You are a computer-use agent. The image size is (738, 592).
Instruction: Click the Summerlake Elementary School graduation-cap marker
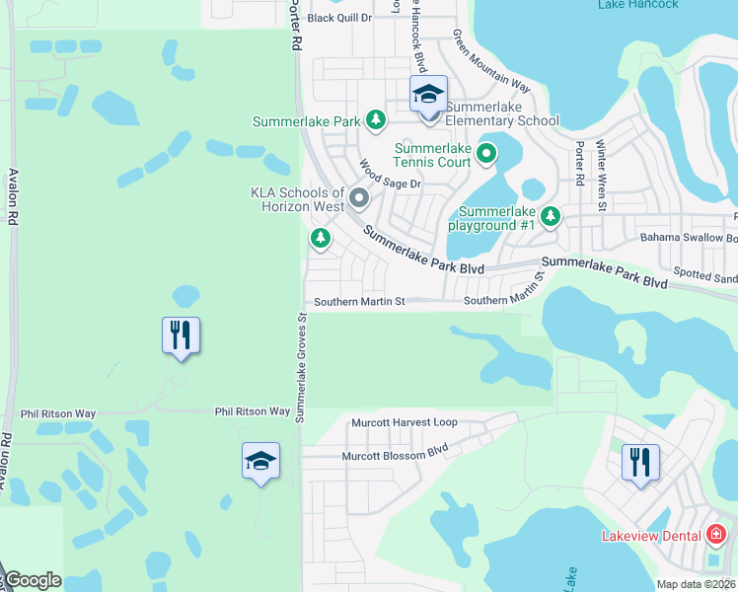coord(428,95)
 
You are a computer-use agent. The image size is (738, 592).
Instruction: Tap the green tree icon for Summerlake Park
coord(375,120)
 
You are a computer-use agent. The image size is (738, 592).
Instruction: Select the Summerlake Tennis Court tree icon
coord(485,153)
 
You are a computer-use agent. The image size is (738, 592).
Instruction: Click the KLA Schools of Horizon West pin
coord(358,199)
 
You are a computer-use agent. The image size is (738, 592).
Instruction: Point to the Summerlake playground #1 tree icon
coord(550,215)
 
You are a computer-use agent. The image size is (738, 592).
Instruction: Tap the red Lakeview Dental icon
coord(716,536)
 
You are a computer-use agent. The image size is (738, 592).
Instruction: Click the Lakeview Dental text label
coord(651,536)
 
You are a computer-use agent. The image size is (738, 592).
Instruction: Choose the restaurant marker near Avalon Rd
coord(182,335)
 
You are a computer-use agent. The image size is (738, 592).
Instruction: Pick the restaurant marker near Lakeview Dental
coord(640,462)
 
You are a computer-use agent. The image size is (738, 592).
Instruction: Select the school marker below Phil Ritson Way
coord(261,462)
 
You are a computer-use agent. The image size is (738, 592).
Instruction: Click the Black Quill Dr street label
coord(339,18)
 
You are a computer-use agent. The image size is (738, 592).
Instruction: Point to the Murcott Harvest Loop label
coord(405,422)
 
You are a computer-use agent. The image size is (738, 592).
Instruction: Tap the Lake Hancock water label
coord(637,5)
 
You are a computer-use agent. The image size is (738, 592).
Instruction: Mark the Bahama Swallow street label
coord(688,238)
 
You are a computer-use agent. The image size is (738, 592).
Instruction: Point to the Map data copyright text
coord(696,584)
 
